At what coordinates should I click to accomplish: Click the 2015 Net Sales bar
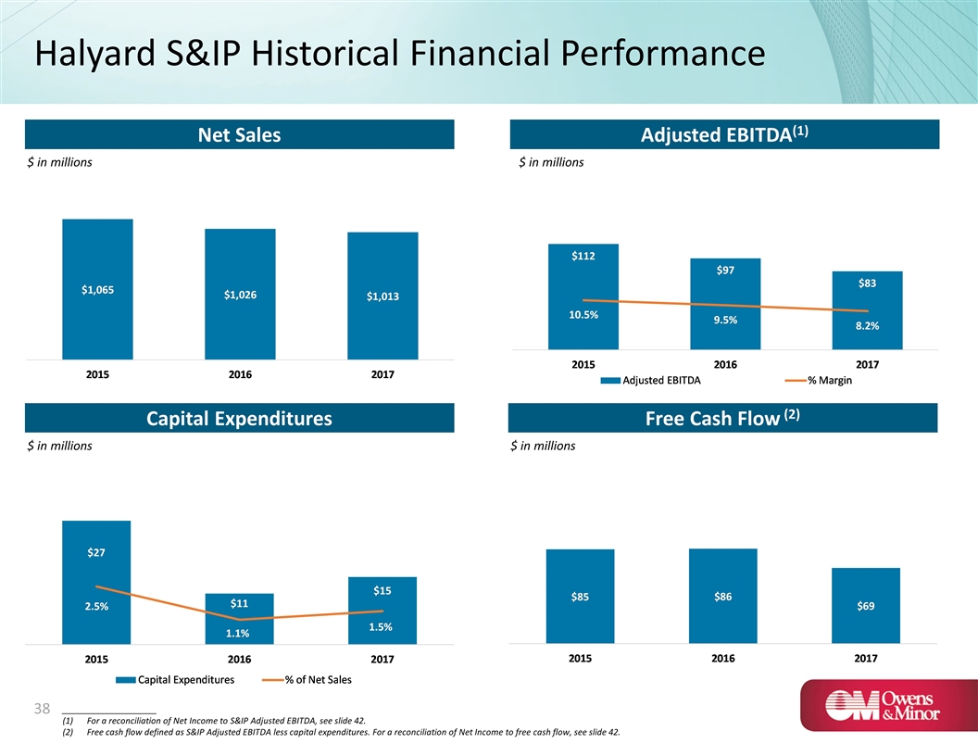click(97, 289)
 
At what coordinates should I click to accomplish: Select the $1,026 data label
click(240, 295)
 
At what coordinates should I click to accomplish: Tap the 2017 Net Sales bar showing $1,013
click(382, 296)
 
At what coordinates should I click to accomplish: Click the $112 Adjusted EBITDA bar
click(583, 296)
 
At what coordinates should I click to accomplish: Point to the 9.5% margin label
click(726, 321)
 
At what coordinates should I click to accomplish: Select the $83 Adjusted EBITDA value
click(868, 283)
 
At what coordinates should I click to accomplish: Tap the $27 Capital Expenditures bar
click(96, 582)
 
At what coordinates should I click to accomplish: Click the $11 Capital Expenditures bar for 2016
click(240, 619)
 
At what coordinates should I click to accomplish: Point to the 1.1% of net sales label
click(240, 634)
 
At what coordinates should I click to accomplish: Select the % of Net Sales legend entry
click(313, 679)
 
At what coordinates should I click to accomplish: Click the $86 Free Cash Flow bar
click(723, 596)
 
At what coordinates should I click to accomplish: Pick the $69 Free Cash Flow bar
click(866, 605)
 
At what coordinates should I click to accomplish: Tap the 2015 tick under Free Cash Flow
click(581, 658)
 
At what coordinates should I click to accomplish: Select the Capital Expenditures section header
click(240, 419)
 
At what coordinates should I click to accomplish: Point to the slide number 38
click(40, 709)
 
